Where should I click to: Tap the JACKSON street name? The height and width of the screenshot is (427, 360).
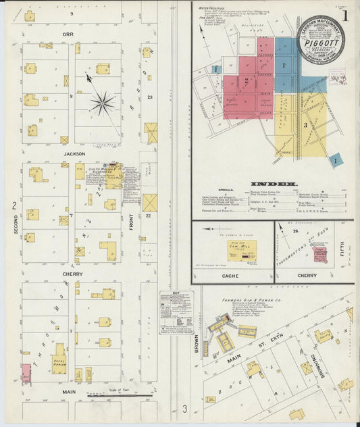[x=73, y=153]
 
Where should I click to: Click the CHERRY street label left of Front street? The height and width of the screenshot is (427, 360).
[x=72, y=274]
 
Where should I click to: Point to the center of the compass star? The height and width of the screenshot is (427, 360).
[x=103, y=103]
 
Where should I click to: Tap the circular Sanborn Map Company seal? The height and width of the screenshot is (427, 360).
[x=321, y=39]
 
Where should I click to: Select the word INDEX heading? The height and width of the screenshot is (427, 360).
[x=273, y=183]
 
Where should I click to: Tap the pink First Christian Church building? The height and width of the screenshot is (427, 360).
[x=320, y=255]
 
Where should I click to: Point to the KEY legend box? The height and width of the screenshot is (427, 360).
[x=176, y=313]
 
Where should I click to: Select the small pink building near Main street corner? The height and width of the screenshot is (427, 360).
[x=26, y=373]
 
